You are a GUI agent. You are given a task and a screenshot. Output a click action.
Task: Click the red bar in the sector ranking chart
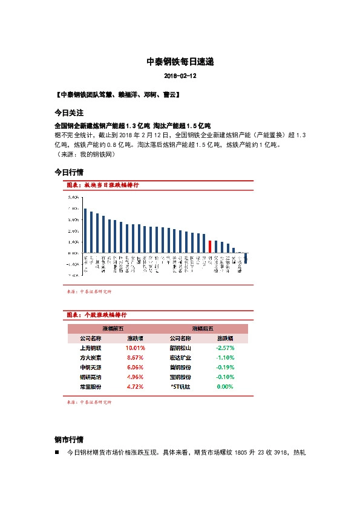pyautogui.click(x=210, y=246)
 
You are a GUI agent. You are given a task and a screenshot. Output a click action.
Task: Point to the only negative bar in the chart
pyautogui.click(x=246, y=258)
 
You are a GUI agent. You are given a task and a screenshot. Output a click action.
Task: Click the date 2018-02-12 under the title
pyautogui.click(x=180, y=77)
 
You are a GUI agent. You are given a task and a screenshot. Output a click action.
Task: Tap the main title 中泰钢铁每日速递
pyautogui.click(x=180, y=62)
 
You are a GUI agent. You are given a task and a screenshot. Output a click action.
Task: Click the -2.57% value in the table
pyautogui.click(x=225, y=348)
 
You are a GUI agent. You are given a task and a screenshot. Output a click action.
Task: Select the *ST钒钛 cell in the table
pyautogui.click(x=180, y=386)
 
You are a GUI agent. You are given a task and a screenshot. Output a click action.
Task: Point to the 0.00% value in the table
pyautogui.click(x=225, y=386)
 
